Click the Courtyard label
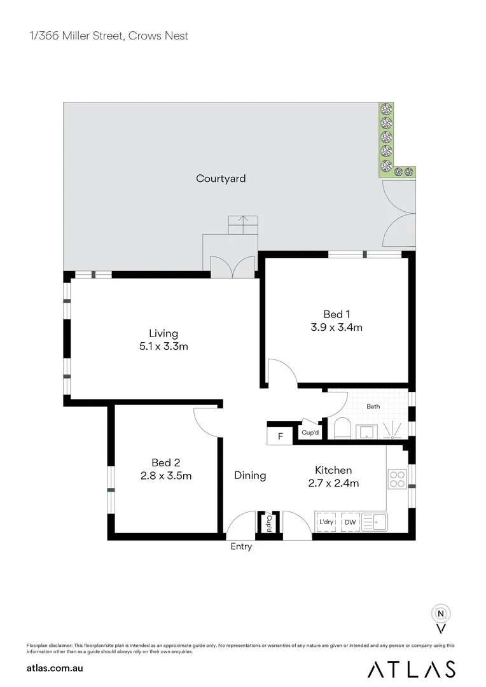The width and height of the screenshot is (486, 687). (x=221, y=179)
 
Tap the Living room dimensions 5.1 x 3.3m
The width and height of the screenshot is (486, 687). (x=163, y=347)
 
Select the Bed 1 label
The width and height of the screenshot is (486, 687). (x=337, y=314)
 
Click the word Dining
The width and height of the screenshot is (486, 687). (x=250, y=475)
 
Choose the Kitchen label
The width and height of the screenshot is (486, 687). (x=333, y=470)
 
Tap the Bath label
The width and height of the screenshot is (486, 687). (x=373, y=406)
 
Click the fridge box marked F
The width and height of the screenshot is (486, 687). (x=280, y=436)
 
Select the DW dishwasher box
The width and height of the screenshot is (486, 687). (x=350, y=523)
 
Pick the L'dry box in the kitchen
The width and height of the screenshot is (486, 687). (x=326, y=523)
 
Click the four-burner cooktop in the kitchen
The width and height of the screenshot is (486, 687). (x=398, y=479)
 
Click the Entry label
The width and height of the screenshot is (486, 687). (x=241, y=546)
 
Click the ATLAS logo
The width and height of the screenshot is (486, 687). (x=412, y=669)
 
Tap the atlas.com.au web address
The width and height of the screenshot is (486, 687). (x=55, y=668)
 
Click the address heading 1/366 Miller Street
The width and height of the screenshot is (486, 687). (x=108, y=36)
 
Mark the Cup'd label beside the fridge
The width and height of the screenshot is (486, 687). (x=310, y=433)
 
